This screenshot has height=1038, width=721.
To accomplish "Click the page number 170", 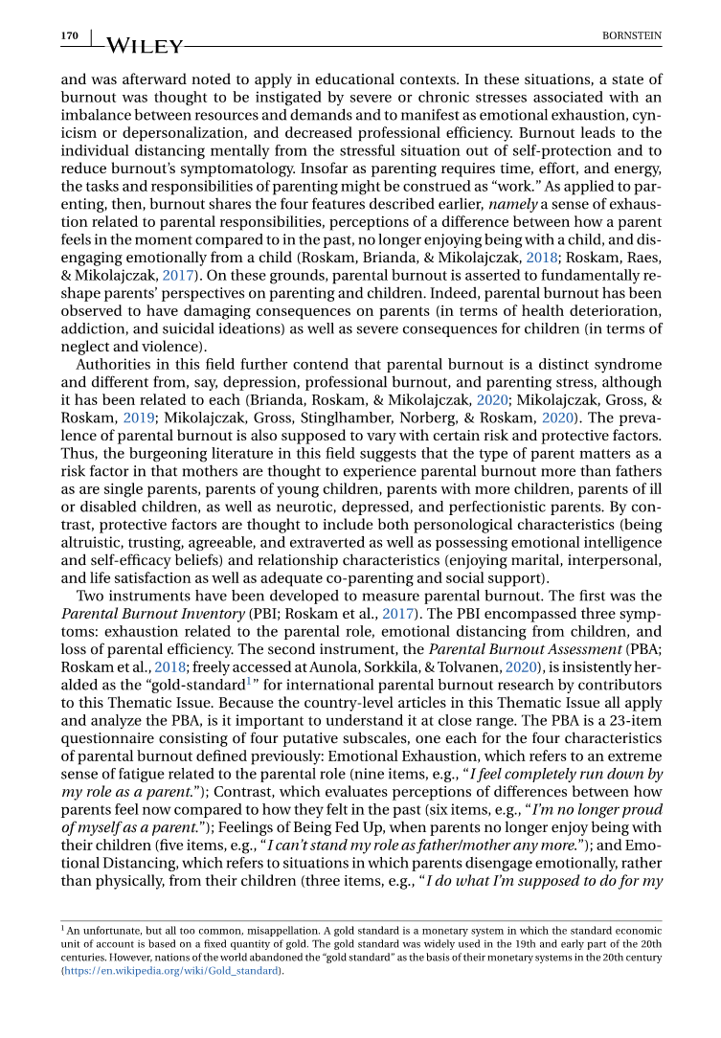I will click(69, 35).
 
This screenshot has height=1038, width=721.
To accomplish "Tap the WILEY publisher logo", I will click(143, 44).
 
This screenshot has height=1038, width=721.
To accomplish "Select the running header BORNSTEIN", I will click(631, 35).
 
